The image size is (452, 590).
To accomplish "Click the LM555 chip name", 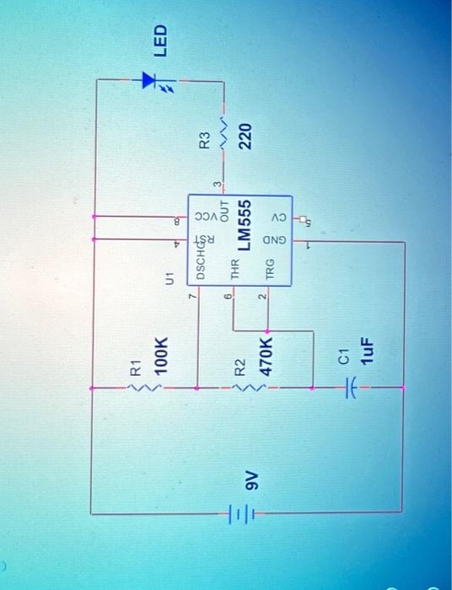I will point(245,225).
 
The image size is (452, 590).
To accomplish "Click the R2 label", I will point(239,367).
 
